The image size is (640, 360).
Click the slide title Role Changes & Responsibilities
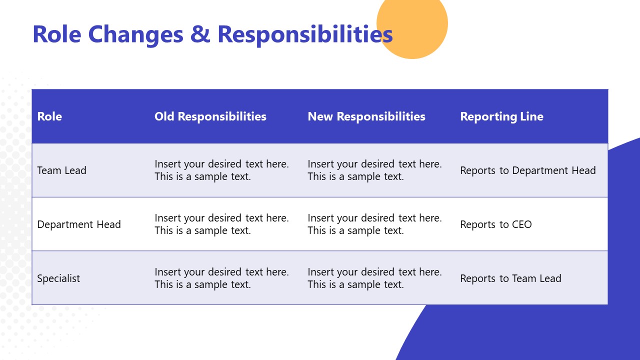[x=212, y=34]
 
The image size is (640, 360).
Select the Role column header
[x=49, y=116]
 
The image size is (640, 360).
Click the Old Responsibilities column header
[x=210, y=116]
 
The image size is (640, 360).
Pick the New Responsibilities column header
[x=366, y=116]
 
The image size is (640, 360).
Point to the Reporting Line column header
[x=501, y=116]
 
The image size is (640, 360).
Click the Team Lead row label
[x=61, y=170]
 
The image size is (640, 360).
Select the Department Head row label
[x=79, y=224]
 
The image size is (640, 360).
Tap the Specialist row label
[x=58, y=278]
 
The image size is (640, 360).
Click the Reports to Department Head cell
[x=527, y=170]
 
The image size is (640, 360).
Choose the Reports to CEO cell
[x=495, y=224]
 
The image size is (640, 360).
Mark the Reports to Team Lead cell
[x=510, y=278]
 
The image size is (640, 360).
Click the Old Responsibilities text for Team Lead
[x=221, y=170]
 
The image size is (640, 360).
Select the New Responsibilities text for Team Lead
[x=374, y=170]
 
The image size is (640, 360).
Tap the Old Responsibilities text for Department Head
[x=221, y=224]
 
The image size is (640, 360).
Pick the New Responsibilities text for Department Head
[x=374, y=224]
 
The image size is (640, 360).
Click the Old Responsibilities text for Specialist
[x=221, y=278]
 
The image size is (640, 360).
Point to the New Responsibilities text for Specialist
[x=374, y=278]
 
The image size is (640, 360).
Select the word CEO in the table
[x=521, y=224]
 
